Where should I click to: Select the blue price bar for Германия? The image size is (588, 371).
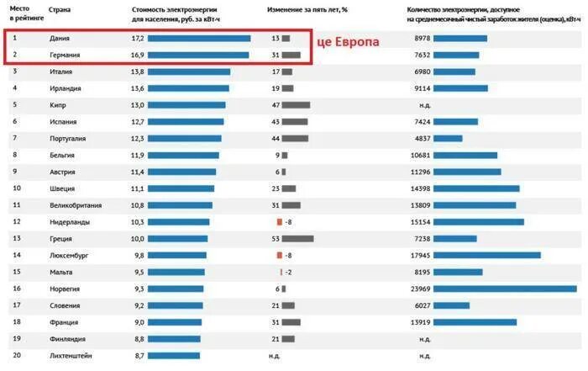[x=198, y=56]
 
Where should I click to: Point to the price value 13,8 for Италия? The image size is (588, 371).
[x=138, y=72]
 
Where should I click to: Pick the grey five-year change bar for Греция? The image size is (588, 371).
[x=298, y=238]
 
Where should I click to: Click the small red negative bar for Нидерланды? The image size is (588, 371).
[x=279, y=221]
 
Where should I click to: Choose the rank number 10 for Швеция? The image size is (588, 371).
[x=16, y=188]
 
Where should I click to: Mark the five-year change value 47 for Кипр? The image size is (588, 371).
[x=275, y=105]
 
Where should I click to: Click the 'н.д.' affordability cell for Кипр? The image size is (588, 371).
[x=424, y=105]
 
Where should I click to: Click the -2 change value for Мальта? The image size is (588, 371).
[x=288, y=272]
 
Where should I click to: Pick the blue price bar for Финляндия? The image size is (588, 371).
[x=174, y=339]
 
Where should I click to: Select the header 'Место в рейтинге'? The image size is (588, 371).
[x=21, y=13]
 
